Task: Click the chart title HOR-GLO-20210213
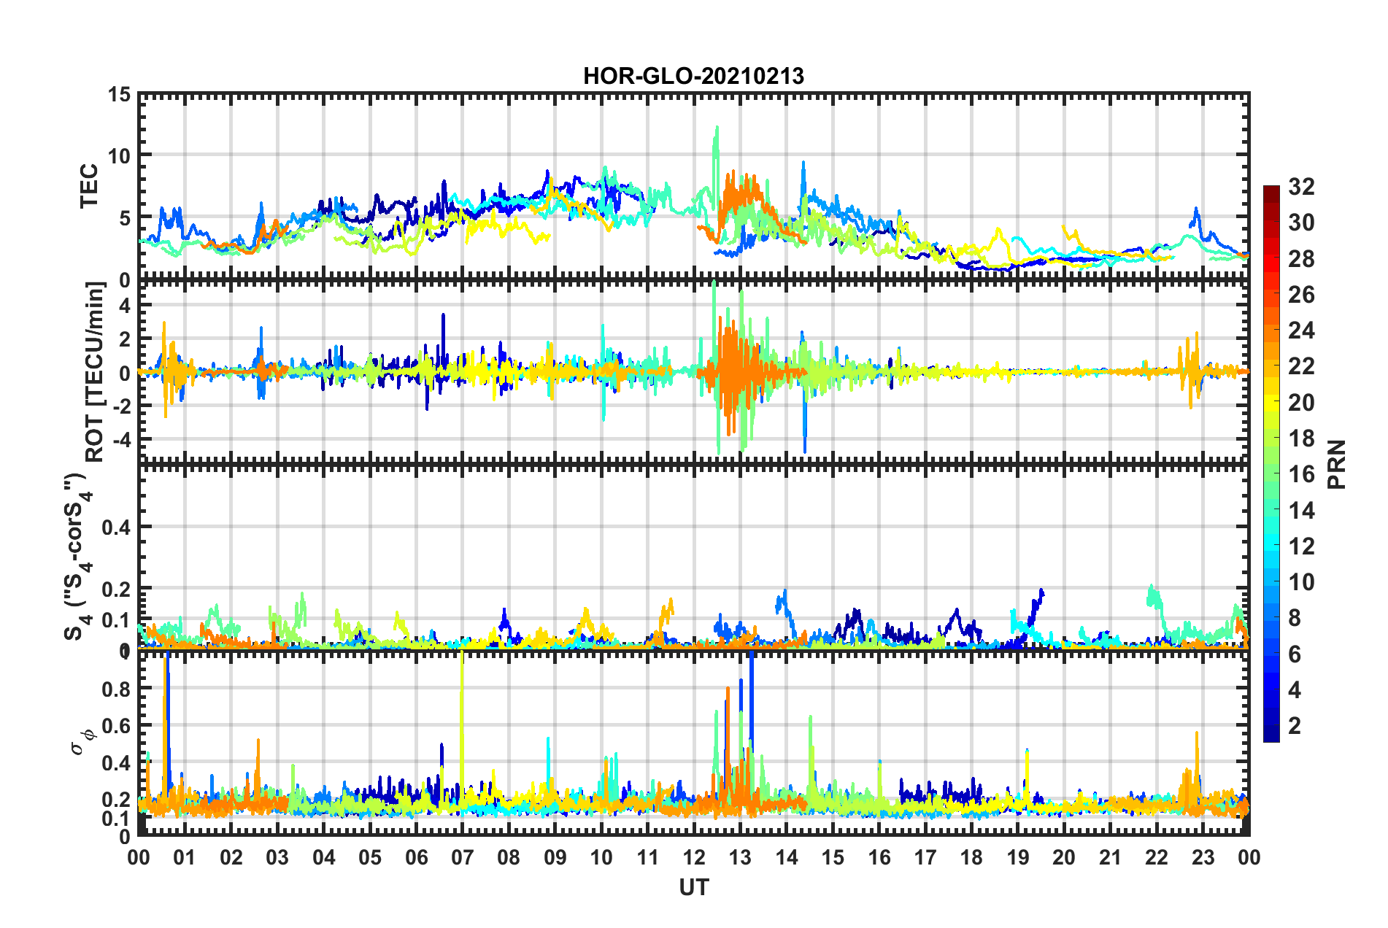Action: tap(693, 76)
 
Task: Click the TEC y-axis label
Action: tap(88, 186)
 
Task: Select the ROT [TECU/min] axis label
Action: tap(95, 371)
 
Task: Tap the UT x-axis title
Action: tap(693, 887)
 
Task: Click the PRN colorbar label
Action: tap(1337, 464)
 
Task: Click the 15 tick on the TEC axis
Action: tap(120, 95)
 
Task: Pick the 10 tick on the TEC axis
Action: tap(120, 155)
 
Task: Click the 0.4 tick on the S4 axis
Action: tap(116, 527)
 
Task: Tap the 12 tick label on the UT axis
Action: tap(694, 857)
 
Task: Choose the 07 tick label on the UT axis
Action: tap(463, 857)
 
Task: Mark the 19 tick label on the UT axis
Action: tap(1018, 857)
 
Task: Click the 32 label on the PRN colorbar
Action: tap(1301, 187)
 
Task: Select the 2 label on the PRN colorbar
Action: tap(1295, 725)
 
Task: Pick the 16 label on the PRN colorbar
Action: tap(1301, 474)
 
